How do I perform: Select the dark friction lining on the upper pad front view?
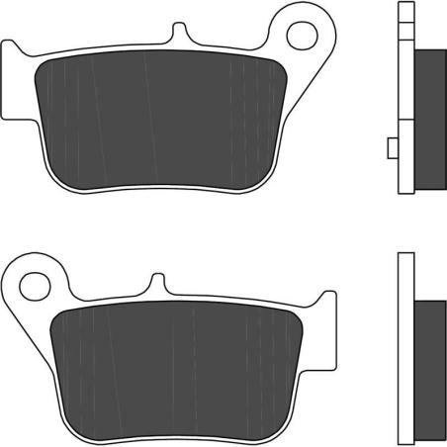(x=158, y=119)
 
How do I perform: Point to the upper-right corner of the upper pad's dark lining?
(x=273, y=65)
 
